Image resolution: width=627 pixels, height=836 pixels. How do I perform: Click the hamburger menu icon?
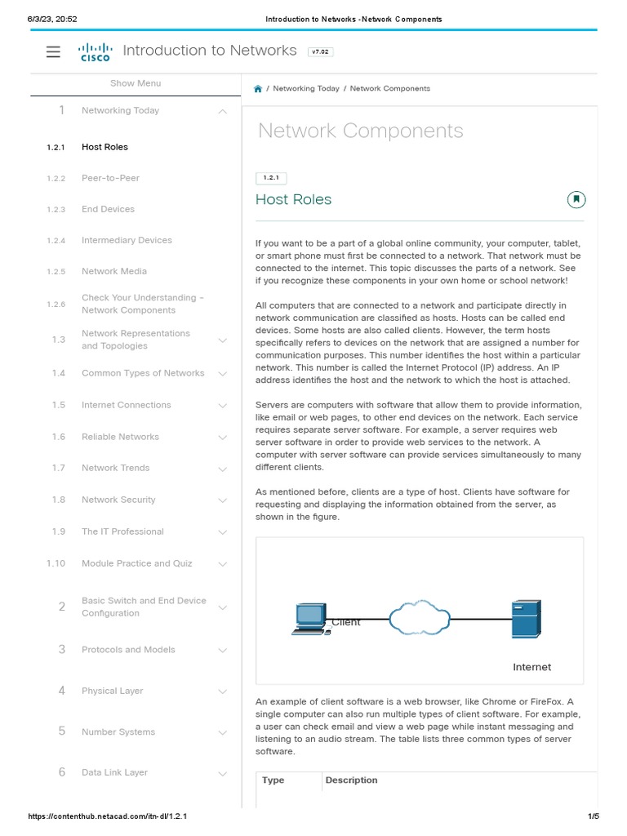coord(53,51)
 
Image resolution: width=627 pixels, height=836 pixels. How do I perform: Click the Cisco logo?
coord(95,52)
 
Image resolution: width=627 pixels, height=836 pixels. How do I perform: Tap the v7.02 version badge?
coord(320,51)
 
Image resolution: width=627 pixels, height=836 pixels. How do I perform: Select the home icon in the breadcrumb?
coord(258,88)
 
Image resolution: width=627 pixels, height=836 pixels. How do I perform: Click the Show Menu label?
coord(136,83)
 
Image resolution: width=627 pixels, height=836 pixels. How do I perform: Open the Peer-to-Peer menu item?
coord(110,178)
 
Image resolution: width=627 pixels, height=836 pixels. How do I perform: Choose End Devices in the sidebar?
coord(108,209)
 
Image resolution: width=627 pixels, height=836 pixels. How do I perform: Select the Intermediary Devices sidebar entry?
coord(127,240)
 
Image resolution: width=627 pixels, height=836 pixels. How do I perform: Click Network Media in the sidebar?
coord(114,271)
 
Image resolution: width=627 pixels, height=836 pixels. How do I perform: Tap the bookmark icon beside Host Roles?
coord(576,199)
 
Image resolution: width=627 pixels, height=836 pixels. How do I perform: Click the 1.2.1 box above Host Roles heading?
coord(271,178)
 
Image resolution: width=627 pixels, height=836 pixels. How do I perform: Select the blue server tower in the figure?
coord(525,619)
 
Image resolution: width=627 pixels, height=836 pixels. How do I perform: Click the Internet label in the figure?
coord(531,667)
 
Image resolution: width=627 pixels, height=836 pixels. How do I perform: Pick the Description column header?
coord(351,780)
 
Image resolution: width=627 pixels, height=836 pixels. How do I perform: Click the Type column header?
coord(273,780)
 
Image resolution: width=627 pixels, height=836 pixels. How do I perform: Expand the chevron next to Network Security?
coord(223,500)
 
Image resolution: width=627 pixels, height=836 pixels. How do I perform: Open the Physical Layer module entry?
coord(112,691)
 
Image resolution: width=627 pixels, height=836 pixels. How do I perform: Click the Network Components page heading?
coord(360,131)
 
